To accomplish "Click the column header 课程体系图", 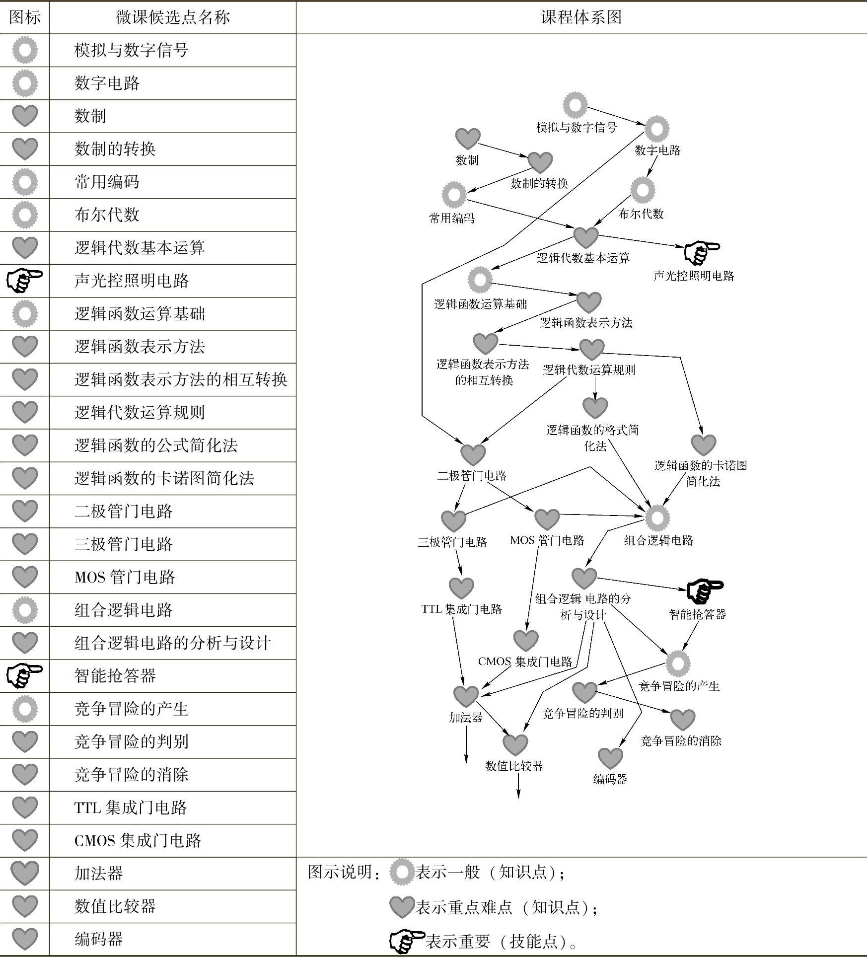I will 581,17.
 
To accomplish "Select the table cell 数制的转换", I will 115,148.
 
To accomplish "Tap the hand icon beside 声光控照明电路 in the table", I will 24,281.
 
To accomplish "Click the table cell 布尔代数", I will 107,215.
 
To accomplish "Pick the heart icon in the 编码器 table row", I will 24,939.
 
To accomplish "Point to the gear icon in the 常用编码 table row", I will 24,182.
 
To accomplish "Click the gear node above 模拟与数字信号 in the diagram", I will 575,105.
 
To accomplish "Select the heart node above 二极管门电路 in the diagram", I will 472,454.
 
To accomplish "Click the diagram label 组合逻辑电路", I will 658,540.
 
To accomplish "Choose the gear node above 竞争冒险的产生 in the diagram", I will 678,663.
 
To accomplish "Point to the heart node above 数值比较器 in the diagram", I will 515,744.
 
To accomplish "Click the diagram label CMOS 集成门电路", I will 525,662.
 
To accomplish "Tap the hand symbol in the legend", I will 407,940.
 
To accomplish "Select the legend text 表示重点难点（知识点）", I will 506,907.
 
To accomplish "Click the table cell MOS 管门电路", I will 125,577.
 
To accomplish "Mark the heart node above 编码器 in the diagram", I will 610,758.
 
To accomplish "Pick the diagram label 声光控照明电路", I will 693,276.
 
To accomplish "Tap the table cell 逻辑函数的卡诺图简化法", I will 164,478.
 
